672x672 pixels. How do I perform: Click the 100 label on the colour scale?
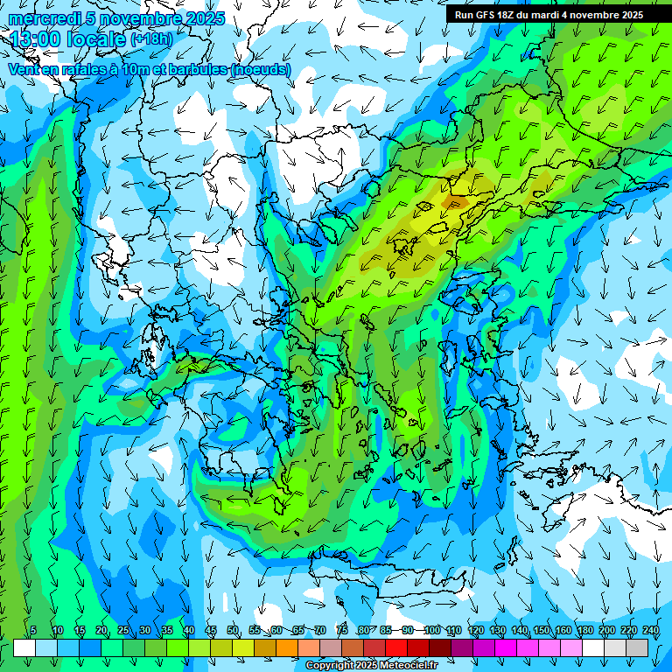[432, 630]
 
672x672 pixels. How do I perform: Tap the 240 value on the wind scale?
[651, 630]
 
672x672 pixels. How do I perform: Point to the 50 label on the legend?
[233, 630]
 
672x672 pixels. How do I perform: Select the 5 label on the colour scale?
[33, 630]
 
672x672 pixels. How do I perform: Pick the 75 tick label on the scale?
[342, 630]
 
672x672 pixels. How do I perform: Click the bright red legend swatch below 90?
[396, 647]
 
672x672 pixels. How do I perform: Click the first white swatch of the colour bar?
[24, 647]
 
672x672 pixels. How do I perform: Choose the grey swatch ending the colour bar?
[637, 647]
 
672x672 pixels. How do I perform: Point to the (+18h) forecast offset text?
[151, 38]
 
